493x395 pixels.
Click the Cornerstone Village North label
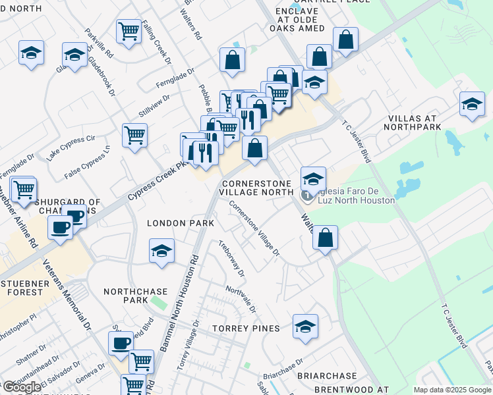(258, 188)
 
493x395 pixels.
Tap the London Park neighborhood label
(180, 223)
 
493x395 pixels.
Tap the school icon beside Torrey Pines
(304, 328)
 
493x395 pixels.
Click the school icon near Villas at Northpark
(472, 105)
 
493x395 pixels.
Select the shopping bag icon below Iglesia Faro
(325, 238)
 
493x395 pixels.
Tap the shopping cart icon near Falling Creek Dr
(129, 30)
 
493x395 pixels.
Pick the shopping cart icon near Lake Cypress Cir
(134, 136)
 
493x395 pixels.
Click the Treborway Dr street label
(231, 257)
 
